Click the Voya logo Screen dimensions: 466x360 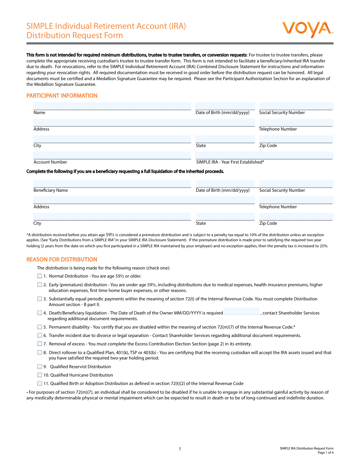[x=307, y=30]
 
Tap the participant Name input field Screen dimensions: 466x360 [x=112, y=106]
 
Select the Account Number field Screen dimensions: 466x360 [x=112, y=156]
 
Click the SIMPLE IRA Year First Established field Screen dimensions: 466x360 [x=264, y=156]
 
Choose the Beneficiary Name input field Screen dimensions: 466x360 [x=112, y=184]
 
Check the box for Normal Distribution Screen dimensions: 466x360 [x=40, y=276]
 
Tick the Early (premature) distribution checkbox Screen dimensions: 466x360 [x=40, y=285]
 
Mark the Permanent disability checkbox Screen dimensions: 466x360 [x=40, y=327]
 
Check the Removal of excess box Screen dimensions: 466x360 [x=40, y=344]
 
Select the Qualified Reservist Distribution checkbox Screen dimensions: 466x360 [x=40, y=367]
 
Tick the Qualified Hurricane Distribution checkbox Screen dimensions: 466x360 [x=40, y=375]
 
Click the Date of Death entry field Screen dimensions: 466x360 [x=242, y=311]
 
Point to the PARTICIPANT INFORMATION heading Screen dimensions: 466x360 [x=62, y=96]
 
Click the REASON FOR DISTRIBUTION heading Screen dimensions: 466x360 [x=62, y=260]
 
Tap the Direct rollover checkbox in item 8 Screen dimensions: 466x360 [x=40, y=353]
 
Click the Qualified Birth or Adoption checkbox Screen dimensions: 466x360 [x=40, y=383]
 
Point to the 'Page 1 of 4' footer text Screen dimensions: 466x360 [x=325, y=453]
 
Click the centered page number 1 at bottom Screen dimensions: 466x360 [x=180, y=449]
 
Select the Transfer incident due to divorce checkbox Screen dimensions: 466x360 [x=40, y=335]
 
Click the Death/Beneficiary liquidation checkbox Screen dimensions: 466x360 [x=40, y=313]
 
